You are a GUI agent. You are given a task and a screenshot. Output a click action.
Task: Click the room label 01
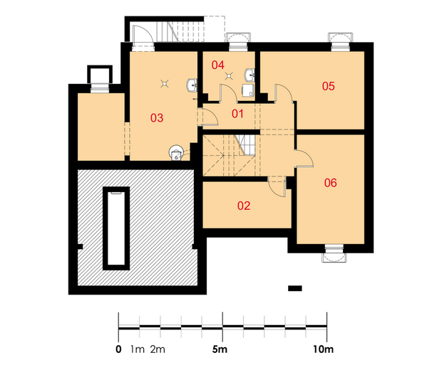coord(237,114)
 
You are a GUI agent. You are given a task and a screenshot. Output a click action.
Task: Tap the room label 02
coord(244,206)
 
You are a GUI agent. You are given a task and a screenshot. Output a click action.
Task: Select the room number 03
coord(157,117)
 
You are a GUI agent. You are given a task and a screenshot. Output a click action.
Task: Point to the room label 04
coord(218,65)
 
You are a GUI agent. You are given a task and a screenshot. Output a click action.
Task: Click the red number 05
coord(329,86)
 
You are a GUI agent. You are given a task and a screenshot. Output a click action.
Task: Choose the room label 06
coord(330,183)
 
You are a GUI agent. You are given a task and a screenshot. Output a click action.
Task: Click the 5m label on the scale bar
coord(220,349)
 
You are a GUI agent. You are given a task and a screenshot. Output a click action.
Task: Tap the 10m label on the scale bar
coord(323,349)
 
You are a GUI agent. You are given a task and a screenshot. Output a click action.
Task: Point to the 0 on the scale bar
coord(118,349)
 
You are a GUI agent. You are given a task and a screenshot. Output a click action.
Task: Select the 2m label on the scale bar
coord(158,349)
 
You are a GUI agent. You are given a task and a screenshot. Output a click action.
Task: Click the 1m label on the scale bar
coord(138,349)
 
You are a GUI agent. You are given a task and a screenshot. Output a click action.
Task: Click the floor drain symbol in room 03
coord(165,83)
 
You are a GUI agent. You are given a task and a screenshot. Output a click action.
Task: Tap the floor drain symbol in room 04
coord(229,76)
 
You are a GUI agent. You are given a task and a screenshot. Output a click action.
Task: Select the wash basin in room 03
coord(192,85)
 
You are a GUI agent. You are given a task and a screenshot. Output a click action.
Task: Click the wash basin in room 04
coord(250,75)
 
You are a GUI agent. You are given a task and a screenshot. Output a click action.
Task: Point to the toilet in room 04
coord(248,90)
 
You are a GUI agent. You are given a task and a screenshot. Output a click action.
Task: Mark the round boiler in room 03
coord(177,153)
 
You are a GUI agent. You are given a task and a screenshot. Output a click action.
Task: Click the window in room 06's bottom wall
coord(334,253)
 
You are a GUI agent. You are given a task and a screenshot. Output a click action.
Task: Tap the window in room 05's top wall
coord(340,42)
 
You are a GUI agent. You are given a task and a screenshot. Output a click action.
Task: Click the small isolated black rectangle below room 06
coord(295,288)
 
